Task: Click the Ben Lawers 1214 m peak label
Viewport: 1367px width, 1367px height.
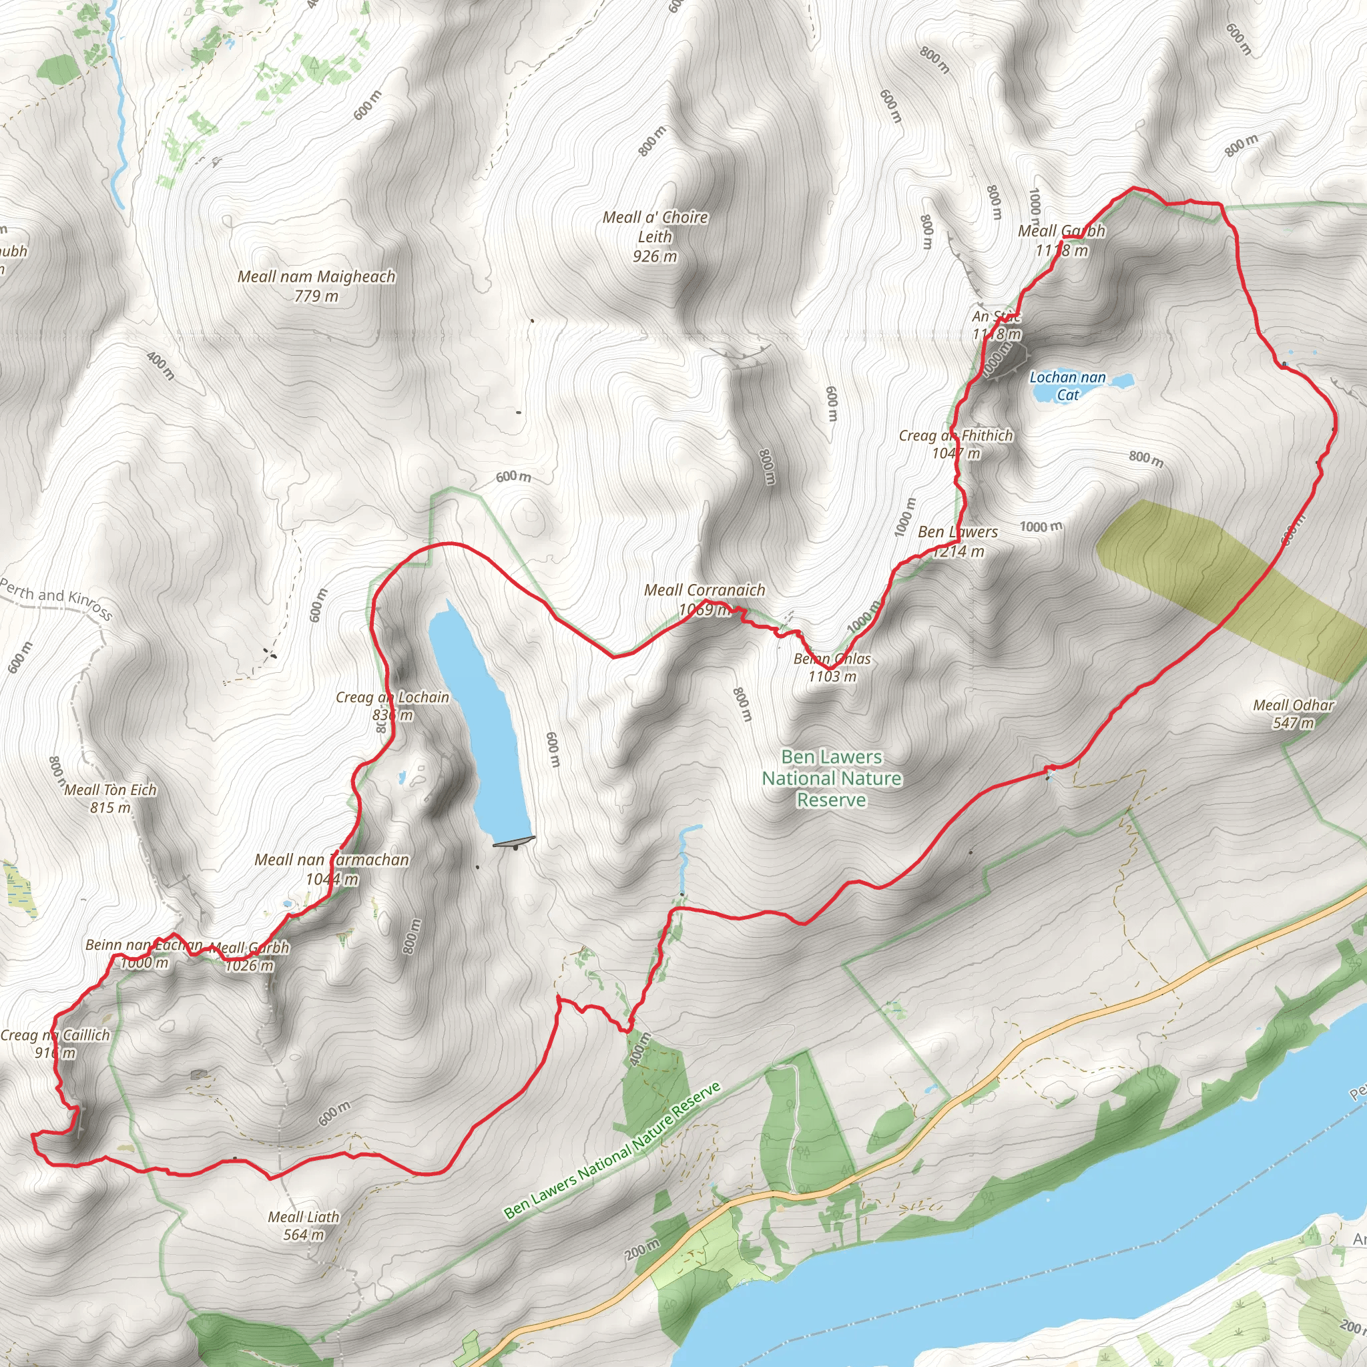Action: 958,541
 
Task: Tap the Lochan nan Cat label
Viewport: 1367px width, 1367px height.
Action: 1067,386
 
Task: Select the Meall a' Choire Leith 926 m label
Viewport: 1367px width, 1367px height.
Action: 655,236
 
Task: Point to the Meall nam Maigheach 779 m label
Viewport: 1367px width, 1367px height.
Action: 316,286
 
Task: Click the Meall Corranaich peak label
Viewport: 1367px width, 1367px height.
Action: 704,599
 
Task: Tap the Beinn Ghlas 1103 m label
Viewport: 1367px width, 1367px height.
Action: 832,667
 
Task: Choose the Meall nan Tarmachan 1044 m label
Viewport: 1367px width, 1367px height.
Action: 332,869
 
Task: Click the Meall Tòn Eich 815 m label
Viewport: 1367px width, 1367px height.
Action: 110,798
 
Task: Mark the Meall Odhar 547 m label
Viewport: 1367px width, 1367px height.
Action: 1293,714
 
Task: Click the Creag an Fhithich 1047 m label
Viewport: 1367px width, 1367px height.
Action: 956,444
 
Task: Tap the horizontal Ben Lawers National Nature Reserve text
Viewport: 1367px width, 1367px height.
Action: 832,778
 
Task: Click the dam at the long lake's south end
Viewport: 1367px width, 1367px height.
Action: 514,841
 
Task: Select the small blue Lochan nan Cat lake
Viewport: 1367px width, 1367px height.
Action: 1121,381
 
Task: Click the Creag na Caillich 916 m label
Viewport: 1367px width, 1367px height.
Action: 55,1044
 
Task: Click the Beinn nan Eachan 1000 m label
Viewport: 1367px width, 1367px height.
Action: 144,953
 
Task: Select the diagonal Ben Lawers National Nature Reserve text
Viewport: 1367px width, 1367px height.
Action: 612,1151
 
